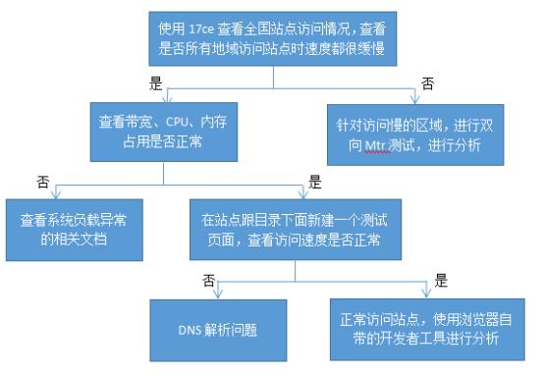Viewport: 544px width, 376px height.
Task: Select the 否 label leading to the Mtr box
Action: [x=427, y=85]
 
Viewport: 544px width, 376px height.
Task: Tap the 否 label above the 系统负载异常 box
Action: [x=42, y=182]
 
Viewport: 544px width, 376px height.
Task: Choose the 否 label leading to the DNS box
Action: [x=207, y=279]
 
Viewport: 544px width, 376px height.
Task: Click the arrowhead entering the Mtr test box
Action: [x=415, y=102]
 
